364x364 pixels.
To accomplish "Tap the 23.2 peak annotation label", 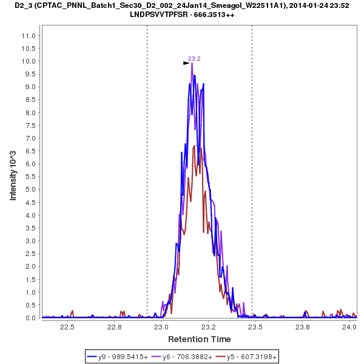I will [x=194, y=58].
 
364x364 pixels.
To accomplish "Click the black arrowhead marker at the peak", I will [x=187, y=62].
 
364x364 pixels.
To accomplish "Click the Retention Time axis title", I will [x=199, y=339].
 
